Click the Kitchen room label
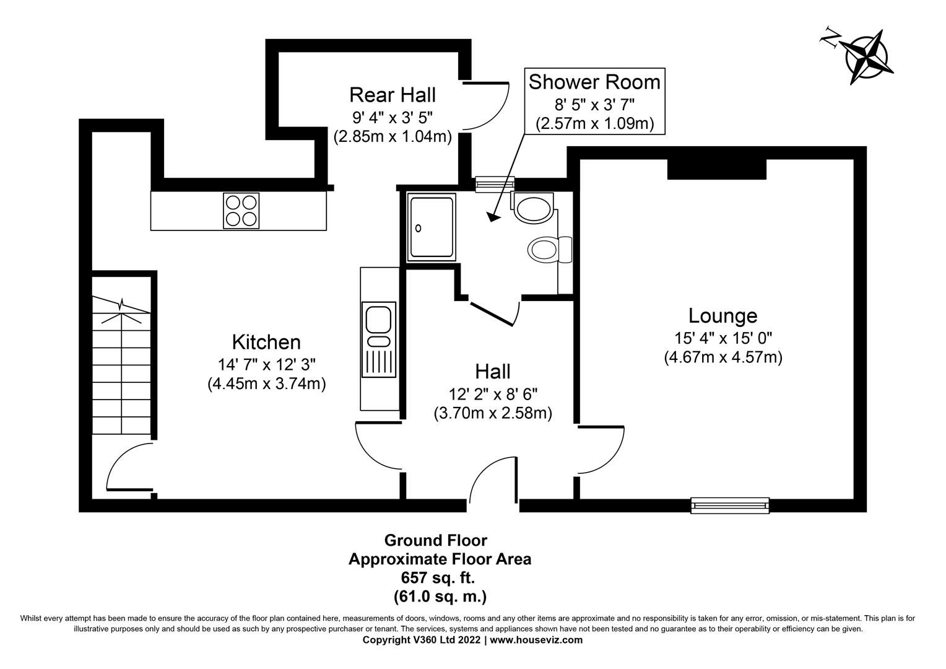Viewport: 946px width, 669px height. [x=266, y=342]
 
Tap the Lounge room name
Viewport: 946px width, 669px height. [x=723, y=316]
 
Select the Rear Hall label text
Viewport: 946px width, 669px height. [x=392, y=95]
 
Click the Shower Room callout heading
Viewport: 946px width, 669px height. [x=594, y=82]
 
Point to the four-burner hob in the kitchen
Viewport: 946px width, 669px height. [x=241, y=211]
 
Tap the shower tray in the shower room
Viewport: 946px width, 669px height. [x=431, y=227]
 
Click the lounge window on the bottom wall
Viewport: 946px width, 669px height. [x=730, y=505]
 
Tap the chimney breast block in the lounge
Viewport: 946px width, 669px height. [x=716, y=169]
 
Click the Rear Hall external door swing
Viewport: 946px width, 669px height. [x=486, y=105]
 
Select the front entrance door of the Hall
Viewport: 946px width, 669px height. [x=492, y=480]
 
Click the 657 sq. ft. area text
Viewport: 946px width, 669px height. [x=439, y=578]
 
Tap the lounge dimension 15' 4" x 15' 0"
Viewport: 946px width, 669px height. [x=723, y=338]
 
